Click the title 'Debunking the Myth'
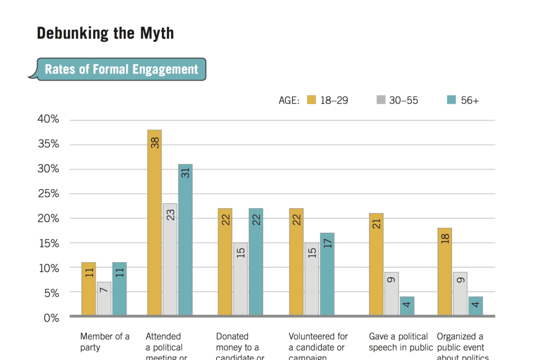[105, 33]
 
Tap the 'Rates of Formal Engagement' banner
[121, 69]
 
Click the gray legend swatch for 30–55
[381, 100]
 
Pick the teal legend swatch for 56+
[451, 100]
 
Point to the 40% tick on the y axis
[48, 119]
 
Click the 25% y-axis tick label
[48, 193]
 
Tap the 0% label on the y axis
[51, 317]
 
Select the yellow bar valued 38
[154, 222]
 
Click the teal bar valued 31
[185, 240]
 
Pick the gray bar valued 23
[170, 259]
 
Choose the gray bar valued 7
[104, 299]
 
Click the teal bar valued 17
[327, 274]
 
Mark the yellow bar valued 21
[376, 264]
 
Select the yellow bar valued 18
[445, 271]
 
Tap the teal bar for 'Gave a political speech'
[407, 306]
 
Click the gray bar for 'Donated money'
[240, 279]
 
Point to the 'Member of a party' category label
[104, 341]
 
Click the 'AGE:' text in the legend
[289, 100]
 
